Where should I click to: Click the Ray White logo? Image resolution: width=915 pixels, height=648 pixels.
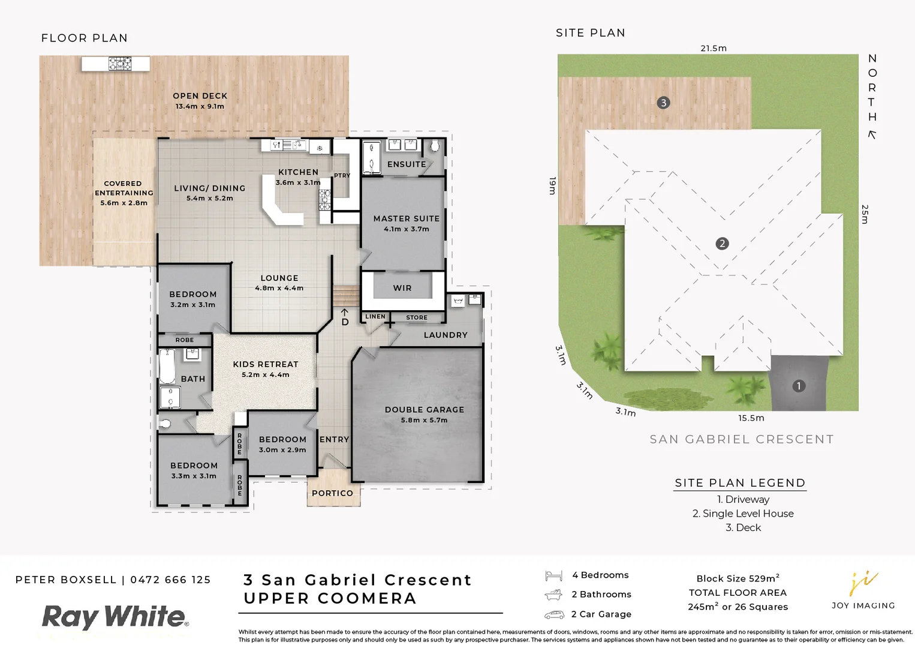[115, 617]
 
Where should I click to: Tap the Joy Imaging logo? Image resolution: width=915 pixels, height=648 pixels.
[863, 590]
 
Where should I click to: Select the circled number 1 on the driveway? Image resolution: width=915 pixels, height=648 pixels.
[798, 386]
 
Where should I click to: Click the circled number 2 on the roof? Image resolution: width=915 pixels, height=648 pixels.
[722, 244]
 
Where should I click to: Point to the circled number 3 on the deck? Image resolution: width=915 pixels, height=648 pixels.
[663, 103]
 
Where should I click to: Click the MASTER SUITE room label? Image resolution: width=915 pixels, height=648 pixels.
[406, 219]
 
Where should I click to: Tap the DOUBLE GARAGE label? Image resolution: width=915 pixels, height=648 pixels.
[424, 410]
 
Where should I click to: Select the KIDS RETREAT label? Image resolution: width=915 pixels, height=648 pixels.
[265, 364]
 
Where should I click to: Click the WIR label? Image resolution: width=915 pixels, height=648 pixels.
[402, 288]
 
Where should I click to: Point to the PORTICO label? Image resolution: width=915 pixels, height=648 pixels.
[332, 493]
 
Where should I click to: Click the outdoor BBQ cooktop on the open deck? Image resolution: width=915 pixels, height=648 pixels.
[120, 63]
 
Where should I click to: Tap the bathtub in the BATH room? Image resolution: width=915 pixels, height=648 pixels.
[167, 366]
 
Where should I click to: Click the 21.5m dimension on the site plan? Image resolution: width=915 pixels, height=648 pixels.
[713, 48]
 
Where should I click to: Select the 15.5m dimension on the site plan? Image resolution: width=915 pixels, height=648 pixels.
[751, 418]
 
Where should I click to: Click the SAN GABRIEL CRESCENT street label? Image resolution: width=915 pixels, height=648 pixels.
[742, 439]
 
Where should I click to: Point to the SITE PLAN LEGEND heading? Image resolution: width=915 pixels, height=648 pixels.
[739, 483]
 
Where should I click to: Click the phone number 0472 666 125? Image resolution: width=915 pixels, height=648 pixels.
[170, 580]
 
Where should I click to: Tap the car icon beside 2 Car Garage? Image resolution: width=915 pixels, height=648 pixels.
[554, 614]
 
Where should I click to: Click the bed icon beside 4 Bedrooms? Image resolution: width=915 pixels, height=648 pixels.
[553, 576]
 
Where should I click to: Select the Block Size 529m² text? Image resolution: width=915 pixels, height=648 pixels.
[738, 578]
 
